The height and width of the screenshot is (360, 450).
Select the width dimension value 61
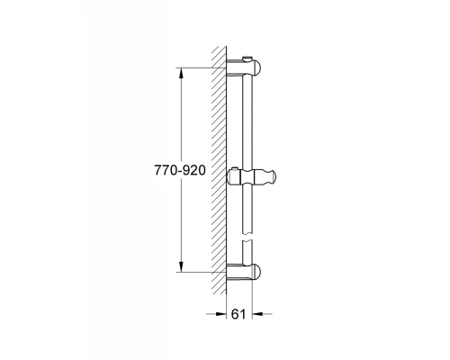(238, 316)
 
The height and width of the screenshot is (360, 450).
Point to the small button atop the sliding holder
(236, 168)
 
